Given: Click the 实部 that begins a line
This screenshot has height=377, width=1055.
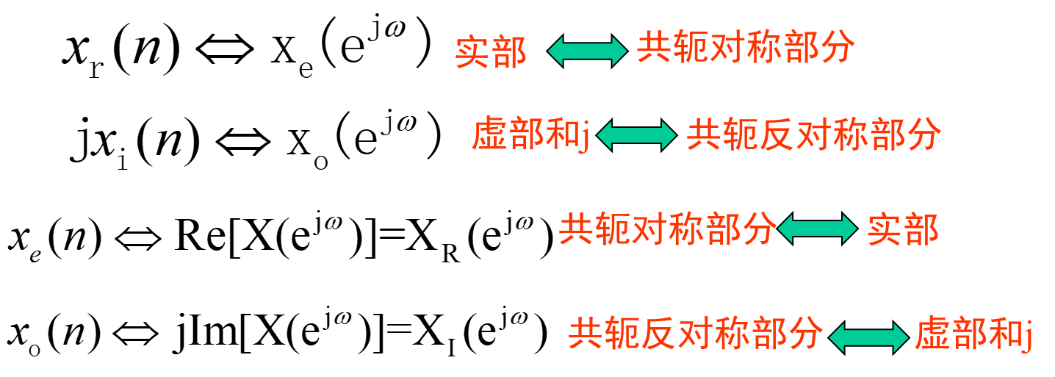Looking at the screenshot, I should click(491, 52).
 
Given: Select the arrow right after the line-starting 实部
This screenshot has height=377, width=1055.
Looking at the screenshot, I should click(587, 51).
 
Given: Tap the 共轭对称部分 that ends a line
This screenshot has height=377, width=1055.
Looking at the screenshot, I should click(745, 48).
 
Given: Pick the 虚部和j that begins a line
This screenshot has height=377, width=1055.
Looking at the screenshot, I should click(530, 135).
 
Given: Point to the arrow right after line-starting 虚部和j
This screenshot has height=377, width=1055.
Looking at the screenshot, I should click(636, 135).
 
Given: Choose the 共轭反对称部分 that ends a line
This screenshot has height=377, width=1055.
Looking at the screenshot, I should click(813, 135).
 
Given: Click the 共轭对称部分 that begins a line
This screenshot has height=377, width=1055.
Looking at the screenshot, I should click(667, 229).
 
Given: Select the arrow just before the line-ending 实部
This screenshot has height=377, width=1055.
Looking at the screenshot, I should click(817, 229).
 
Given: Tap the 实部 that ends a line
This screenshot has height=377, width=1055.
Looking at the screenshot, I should click(903, 230).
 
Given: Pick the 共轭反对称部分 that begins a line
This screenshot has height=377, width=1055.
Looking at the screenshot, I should click(695, 334).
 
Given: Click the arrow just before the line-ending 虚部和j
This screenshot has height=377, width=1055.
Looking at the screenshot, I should click(868, 337).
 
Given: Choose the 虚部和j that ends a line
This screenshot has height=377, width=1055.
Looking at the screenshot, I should click(974, 335).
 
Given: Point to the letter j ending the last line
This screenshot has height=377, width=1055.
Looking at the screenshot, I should click(1029, 337).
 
